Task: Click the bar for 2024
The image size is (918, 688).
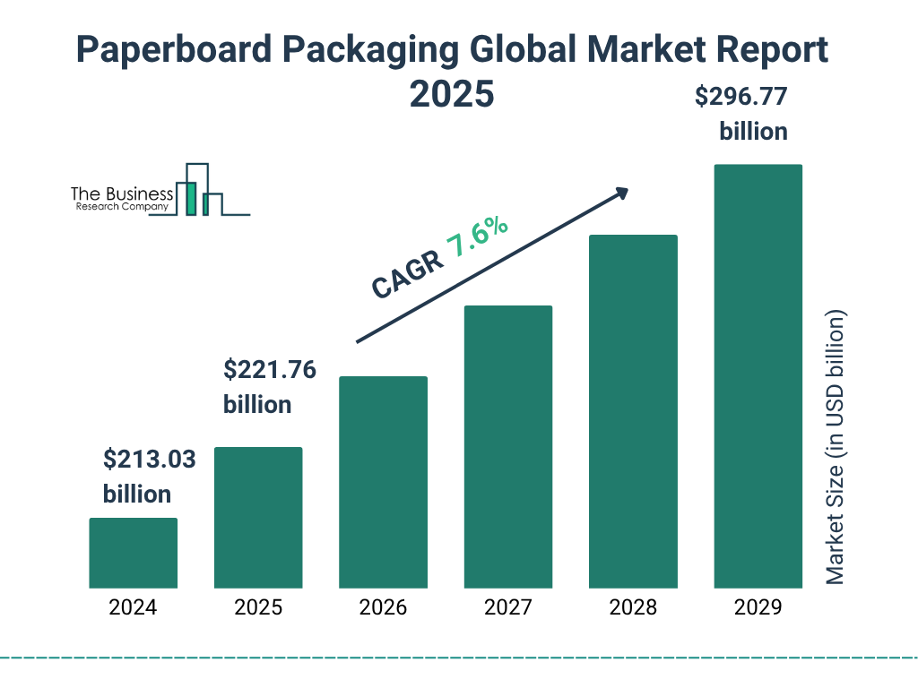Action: pyautogui.click(x=133, y=553)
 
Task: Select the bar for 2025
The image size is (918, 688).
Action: pyautogui.click(x=258, y=518)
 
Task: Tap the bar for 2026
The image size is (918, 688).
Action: pyautogui.click(x=383, y=482)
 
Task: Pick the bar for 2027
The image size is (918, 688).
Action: pyautogui.click(x=507, y=447)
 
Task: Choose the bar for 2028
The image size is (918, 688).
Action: pyautogui.click(x=633, y=411)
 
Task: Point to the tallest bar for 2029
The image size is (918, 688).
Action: pyautogui.click(x=758, y=376)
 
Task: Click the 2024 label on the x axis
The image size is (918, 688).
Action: pyautogui.click(x=133, y=607)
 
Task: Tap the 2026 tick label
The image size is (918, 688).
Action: pyautogui.click(x=383, y=607)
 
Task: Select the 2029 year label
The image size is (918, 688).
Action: pyautogui.click(x=758, y=607)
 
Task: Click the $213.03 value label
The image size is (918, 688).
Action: pyautogui.click(x=149, y=460)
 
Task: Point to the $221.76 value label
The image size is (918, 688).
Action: pyautogui.click(x=269, y=369)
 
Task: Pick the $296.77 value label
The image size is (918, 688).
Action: pyautogui.click(x=741, y=97)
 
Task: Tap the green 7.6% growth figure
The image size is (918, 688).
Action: pyautogui.click(x=478, y=237)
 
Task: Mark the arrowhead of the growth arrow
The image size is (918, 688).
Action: pyautogui.click(x=621, y=193)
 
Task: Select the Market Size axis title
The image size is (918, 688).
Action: pyautogui.click(x=836, y=447)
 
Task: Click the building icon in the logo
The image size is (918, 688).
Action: pyautogui.click(x=201, y=190)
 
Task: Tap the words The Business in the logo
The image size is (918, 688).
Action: pyautogui.click(x=122, y=194)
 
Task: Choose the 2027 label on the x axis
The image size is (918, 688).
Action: pyautogui.click(x=507, y=607)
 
